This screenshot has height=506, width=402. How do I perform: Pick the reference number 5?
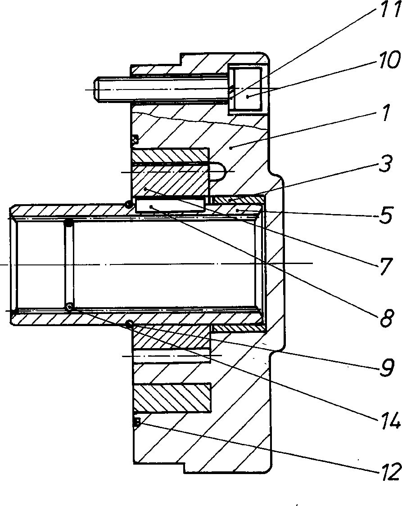[385, 215]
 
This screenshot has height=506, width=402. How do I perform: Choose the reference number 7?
[386, 266]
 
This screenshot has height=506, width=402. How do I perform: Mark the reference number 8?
[385, 318]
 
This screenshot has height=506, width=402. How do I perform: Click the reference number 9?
[387, 368]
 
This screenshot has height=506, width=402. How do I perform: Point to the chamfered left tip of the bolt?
[96, 90]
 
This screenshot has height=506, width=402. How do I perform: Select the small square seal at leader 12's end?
[136, 422]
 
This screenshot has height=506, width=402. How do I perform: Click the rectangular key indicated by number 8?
[171, 205]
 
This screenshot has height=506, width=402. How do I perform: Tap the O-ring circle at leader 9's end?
[130, 324]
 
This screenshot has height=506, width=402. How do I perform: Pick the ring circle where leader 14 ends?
[69, 307]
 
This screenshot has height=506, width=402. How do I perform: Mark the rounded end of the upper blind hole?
[219, 171]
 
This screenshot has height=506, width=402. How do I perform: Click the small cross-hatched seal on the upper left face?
[135, 139]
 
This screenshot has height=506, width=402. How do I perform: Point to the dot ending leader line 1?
[230, 148]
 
